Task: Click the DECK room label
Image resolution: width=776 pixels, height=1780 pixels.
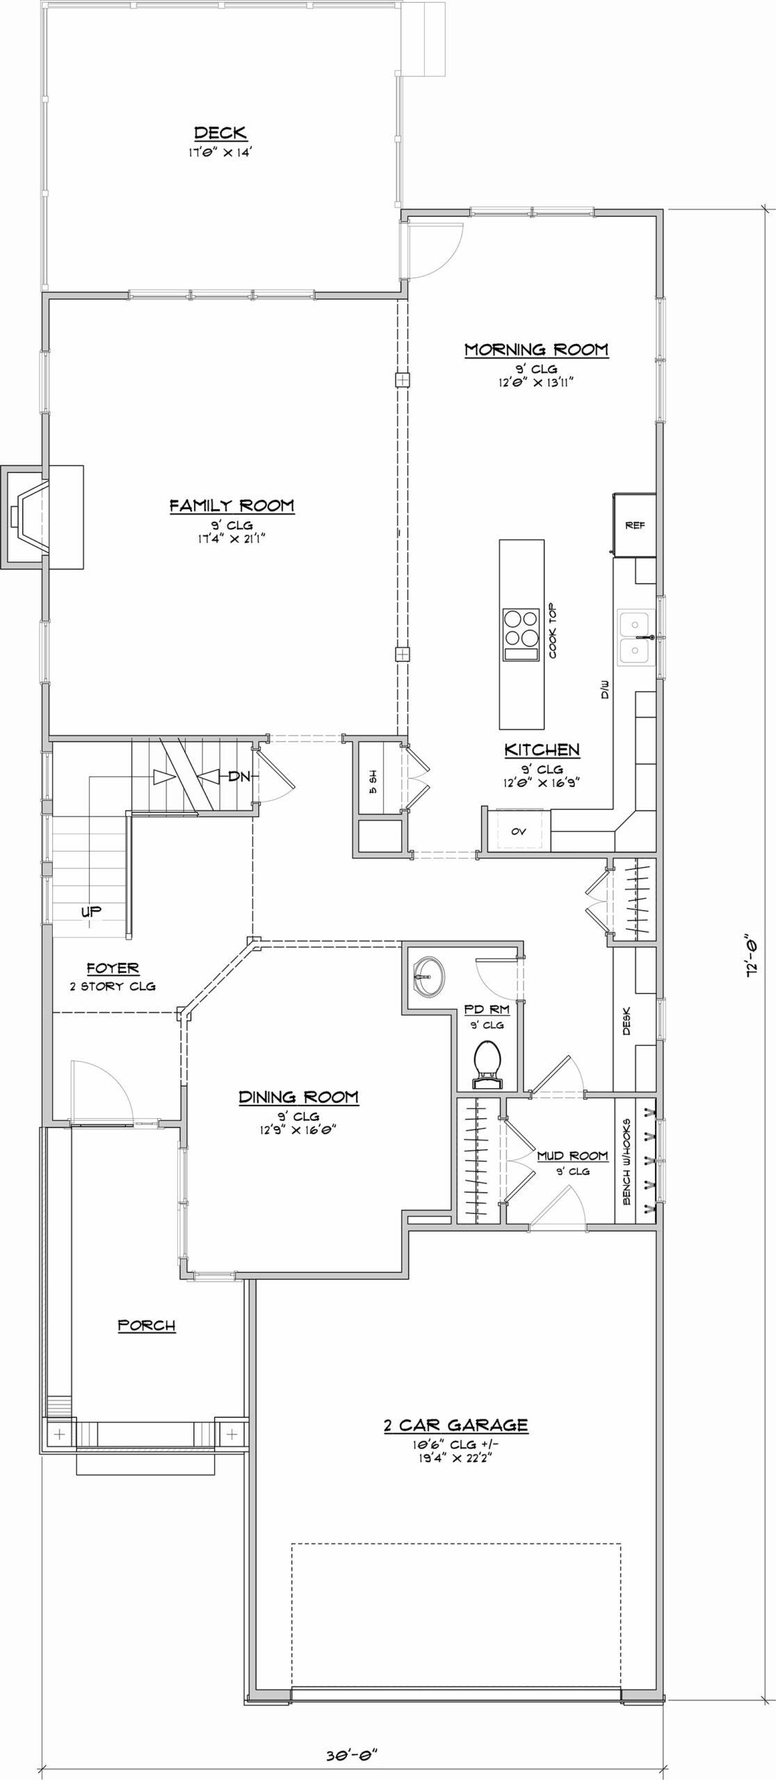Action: click(220, 133)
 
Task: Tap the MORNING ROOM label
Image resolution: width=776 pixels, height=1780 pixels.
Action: click(536, 349)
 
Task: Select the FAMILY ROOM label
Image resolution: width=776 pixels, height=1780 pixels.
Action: click(232, 505)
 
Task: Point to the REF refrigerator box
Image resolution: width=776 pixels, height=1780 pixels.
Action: click(635, 525)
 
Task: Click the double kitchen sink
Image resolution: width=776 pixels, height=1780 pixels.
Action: click(633, 638)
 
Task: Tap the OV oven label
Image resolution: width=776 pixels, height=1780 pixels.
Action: click(519, 832)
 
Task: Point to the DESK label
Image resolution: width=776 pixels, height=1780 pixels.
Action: click(627, 1021)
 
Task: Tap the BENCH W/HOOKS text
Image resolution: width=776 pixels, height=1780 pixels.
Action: click(627, 1161)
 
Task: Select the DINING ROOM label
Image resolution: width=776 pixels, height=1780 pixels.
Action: click(299, 1097)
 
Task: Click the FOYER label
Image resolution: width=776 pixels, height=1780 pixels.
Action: click(113, 968)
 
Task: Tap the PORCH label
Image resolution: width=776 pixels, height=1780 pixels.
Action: click(147, 1325)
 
